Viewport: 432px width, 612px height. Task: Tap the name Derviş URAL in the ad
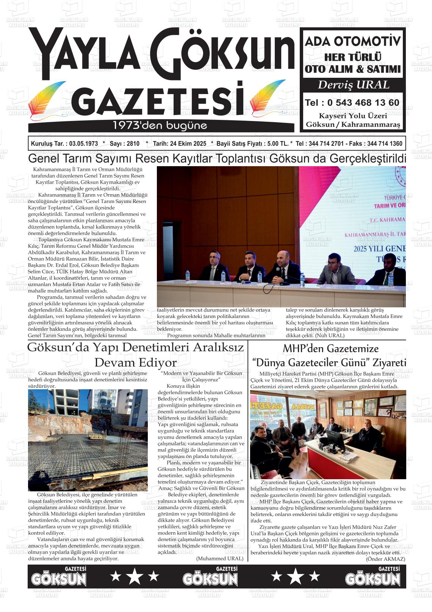click(x=353, y=85)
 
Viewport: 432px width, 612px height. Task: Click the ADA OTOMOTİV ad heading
click(x=353, y=41)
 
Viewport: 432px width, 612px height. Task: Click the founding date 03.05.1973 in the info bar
click(x=81, y=144)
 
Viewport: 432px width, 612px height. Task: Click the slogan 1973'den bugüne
click(x=160, y=125)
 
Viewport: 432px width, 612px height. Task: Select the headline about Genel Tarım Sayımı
click(x=217, y=158)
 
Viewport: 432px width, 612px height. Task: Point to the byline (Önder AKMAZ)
click(x=385, y=559)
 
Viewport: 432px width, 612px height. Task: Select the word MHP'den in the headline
click(x=304, y=348)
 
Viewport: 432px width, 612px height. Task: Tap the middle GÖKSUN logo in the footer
click(x=210, y=578)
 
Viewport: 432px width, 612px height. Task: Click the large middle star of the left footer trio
click(x=134, y=577)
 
